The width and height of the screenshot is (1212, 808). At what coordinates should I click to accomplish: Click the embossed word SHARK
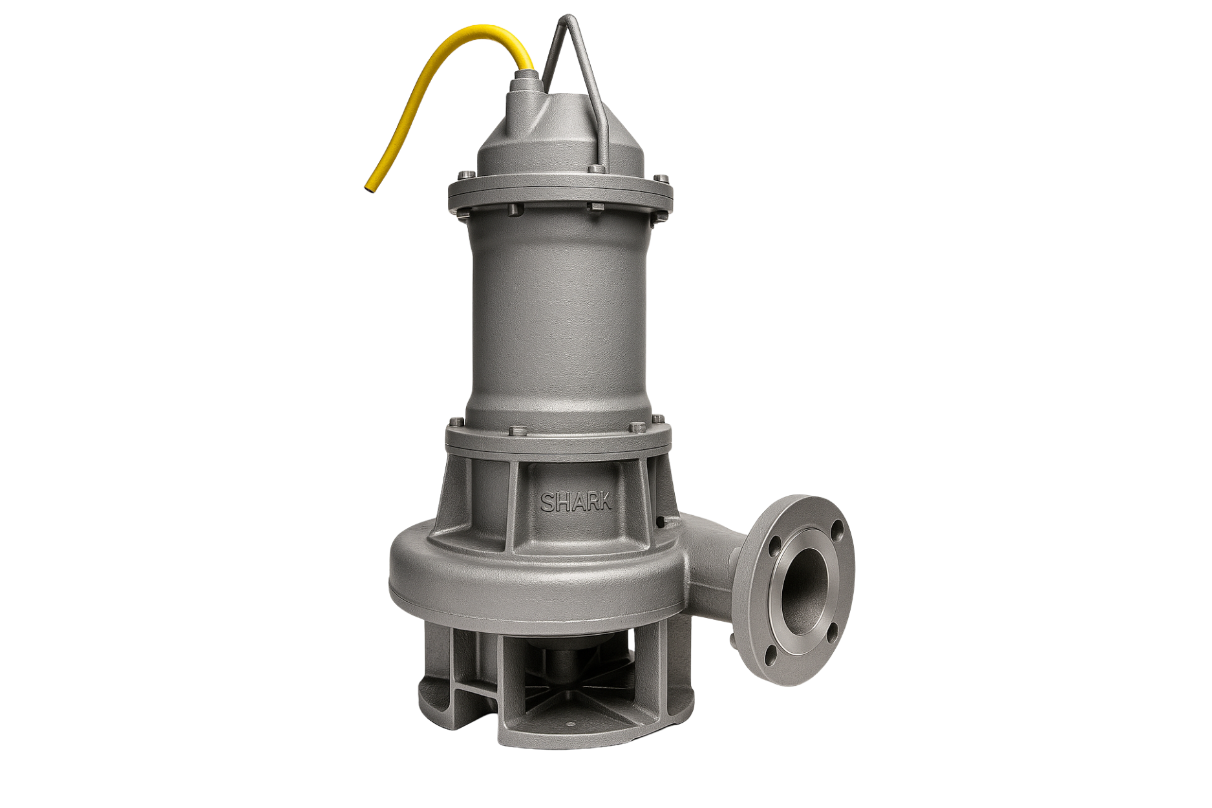576,503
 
